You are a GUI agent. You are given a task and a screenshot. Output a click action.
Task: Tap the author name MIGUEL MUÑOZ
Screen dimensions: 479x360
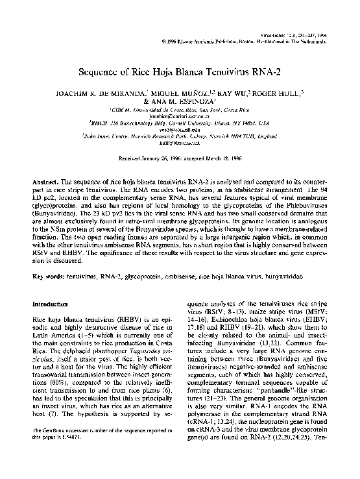pyautogui.click(x=174, y=94)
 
